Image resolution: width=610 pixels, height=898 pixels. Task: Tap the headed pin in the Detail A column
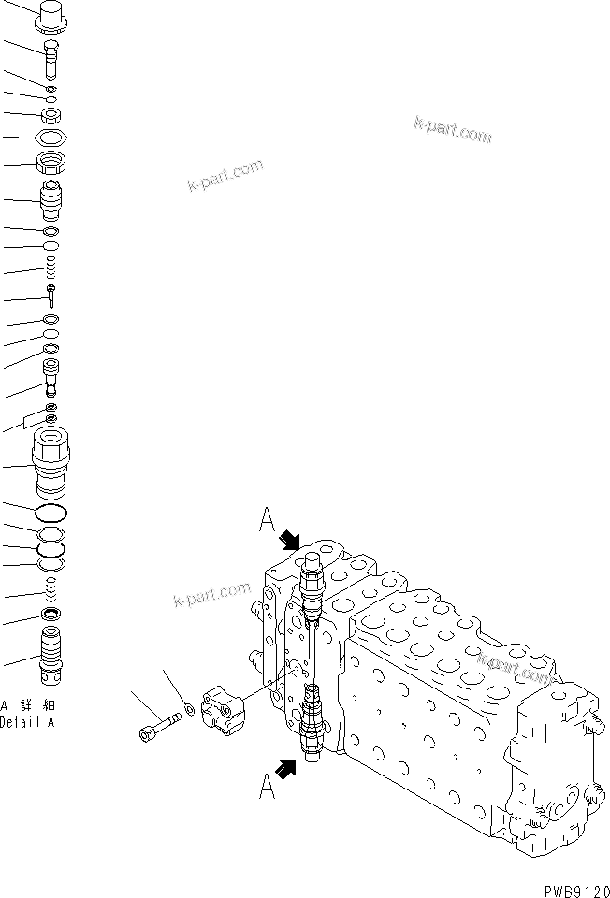tap(51, 298)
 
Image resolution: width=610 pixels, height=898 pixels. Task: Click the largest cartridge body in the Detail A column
tap(51, 462)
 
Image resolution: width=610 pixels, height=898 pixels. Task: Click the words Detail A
tap(27, 723)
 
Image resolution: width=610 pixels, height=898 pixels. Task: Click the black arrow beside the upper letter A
tap(290, 541)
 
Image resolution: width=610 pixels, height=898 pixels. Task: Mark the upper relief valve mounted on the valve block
tap(312, 587)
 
